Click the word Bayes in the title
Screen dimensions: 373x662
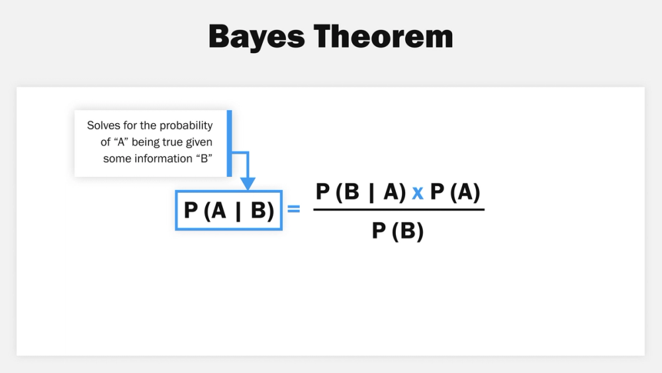pos(254,36)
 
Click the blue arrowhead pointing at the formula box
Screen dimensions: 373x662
pos(247,184)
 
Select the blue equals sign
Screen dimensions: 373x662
pos(294,209)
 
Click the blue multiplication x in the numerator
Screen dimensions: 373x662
pos(418,193)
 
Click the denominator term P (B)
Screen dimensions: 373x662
pos(398,231)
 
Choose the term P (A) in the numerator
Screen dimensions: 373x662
pos(455,192)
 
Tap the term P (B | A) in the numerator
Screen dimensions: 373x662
pos(361,192)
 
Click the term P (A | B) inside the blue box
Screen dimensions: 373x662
pos(229,211)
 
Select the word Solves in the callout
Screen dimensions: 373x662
pos(102,125)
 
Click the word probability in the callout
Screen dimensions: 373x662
pos(187,125)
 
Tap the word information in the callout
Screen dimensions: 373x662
pos(160,158)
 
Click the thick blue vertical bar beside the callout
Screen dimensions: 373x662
pos(229,143)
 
